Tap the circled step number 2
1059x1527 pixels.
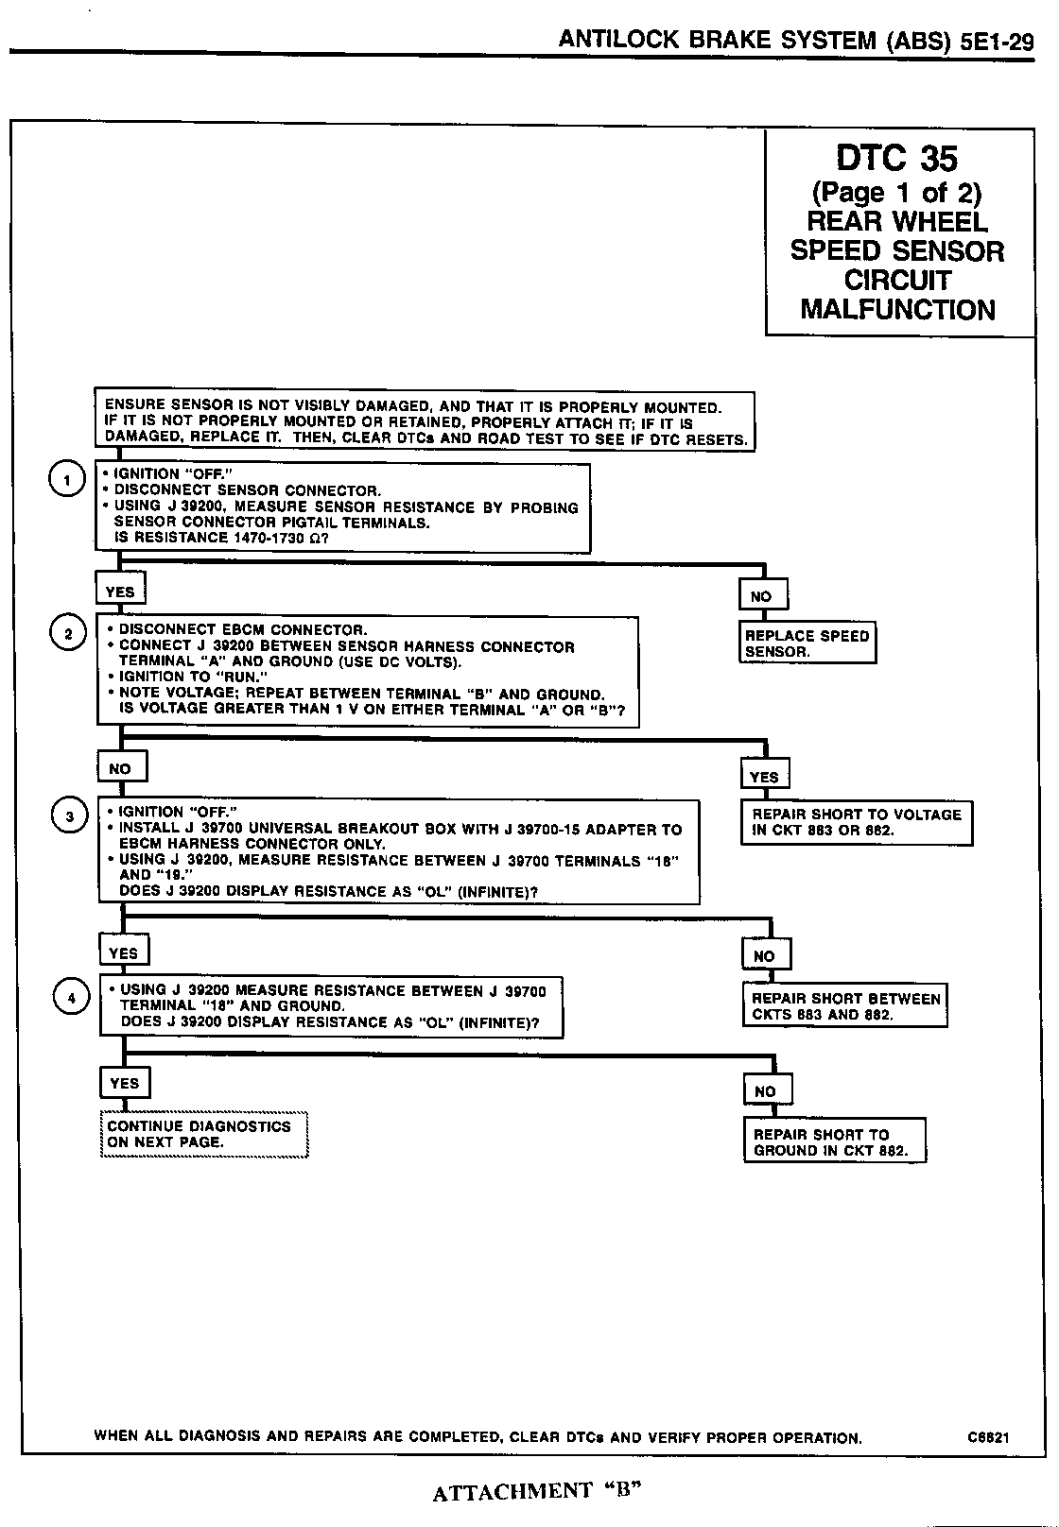(x=68, y=634)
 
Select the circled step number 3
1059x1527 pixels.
(x=69, y=816)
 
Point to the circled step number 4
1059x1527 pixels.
(x=72, y=997)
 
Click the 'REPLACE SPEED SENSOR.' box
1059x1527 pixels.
(x=807, y=643)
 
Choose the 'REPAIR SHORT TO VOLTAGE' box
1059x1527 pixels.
(x=857, y=822)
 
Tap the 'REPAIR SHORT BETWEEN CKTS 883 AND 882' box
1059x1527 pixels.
(x=845, y=1006)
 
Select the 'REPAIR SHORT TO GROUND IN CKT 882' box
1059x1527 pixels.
(x=834, y=1141)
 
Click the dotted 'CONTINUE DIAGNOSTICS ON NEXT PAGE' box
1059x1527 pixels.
(x=204, y=1134)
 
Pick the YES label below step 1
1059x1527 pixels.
(x=120, y=592)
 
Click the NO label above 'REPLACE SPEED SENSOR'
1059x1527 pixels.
(x=762, y=596)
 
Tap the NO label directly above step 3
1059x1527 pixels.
(x=121, y=768)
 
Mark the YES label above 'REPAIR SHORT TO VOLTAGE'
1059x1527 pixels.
(x=764, y=777)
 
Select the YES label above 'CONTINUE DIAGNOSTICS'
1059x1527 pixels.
(x=125, y=1083)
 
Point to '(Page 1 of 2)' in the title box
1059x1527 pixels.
(x=896, y=194)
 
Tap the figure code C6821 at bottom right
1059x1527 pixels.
(x=988, y=1437)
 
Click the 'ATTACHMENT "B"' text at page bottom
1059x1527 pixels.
(x=538, y=1491)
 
